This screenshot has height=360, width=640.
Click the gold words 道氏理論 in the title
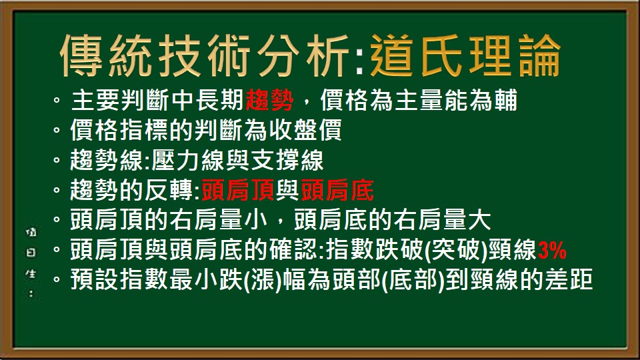tap(465, 55)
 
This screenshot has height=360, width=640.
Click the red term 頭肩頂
tap(238, 192)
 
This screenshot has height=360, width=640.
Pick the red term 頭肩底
tap(337, 192)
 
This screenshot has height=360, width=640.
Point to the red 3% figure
tap(552, 251)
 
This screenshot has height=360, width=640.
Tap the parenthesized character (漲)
tap(261, 281)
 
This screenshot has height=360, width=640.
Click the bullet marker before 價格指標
tap(57, 131)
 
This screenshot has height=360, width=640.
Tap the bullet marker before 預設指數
tap(57, 281)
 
